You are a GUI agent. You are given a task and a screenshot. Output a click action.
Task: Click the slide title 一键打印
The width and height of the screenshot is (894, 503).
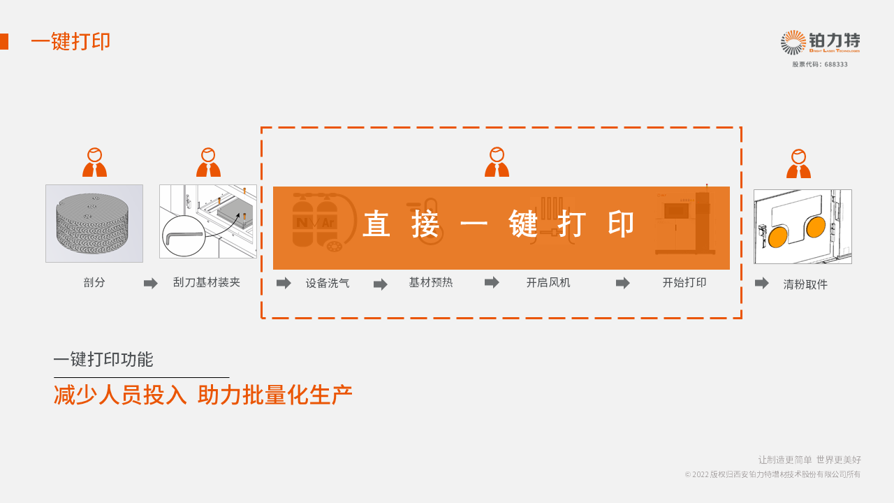pyautogui.click(x=71, y=41)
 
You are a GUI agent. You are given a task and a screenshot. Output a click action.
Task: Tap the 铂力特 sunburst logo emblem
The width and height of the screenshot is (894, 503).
pyautogui.click(x=793, y=43)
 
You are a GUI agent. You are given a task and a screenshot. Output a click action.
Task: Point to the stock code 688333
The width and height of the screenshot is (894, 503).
pyautogui.click(x=836, y=64)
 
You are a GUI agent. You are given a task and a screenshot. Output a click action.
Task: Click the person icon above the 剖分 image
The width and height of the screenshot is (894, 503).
pyautogui.click(x=94, y=162)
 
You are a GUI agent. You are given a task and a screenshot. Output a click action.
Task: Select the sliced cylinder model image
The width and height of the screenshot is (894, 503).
pyautogui.click(x=94, y=223)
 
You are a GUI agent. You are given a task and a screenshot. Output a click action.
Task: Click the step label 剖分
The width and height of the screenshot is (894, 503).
pyautogui.click(x=94, y=283)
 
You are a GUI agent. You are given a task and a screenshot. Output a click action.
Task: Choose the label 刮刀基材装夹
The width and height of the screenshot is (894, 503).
pyautogui.click(x=206, y=283)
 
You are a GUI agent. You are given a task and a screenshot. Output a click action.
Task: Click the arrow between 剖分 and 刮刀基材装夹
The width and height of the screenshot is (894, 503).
pyautogui.click(x=150, y=284)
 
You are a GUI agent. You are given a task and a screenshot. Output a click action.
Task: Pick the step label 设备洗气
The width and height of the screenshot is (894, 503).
pyautogui.click(x=328, y=284)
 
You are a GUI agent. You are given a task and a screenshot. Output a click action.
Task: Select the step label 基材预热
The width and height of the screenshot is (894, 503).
pyautogui.click(x=431, y=283)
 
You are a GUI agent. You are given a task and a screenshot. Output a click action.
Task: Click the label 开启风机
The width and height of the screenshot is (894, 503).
pyautogui.click(x=548, y=283)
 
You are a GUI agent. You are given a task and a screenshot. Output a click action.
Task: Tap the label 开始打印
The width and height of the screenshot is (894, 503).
pyautogui.click(x=684, y=283)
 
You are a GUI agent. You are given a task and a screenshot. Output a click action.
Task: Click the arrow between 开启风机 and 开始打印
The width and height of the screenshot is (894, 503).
pyautogui.click(x=622, y=284)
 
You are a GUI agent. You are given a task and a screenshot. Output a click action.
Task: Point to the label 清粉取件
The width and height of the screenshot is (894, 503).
pyautogui.click(x=805, y=284)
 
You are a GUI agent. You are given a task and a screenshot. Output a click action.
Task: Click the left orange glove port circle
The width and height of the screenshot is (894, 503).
pyautogui.click(x=778, y=237)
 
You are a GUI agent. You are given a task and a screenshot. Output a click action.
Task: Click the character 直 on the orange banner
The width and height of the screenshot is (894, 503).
pyautogui.click(x=376, y=224)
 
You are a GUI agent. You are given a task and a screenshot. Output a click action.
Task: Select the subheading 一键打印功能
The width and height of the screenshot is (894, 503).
pyautogui.click(x=103, y=359)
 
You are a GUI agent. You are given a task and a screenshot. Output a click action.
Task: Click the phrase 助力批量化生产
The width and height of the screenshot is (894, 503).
pyautogui.click(x=275, y=395)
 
